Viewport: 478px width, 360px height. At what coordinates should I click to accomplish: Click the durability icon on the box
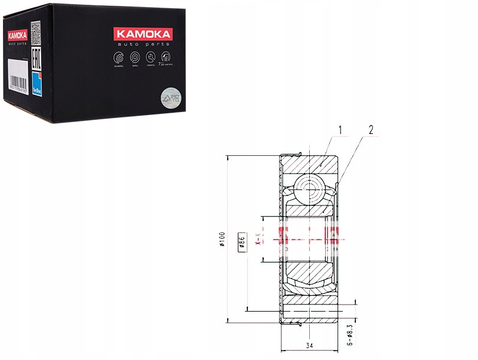119,58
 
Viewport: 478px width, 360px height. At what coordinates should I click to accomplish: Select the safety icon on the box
135,58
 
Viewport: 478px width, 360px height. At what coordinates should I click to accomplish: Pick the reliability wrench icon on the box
152,58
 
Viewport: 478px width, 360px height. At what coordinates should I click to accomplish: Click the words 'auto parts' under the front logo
152,45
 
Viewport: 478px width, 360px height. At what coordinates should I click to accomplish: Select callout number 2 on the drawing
371,129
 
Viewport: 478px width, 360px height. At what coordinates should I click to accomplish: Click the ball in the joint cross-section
310,187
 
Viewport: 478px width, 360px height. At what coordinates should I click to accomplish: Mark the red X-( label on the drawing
258,238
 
